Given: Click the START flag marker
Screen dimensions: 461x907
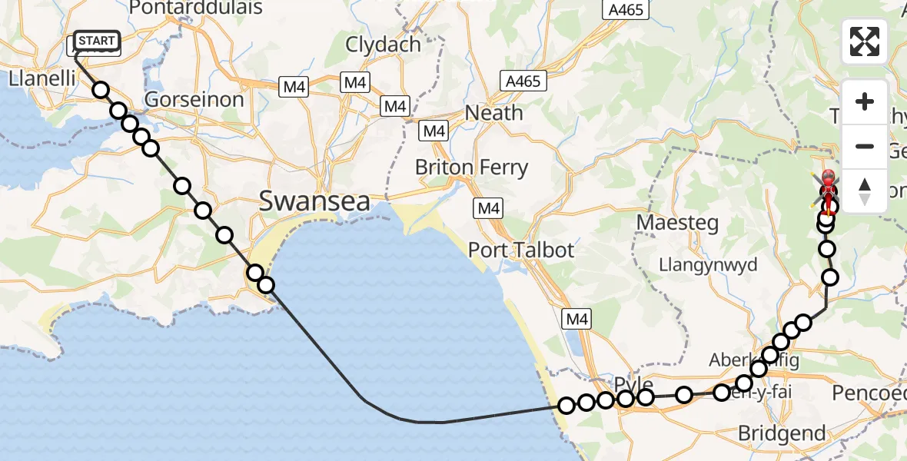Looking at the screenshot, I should coord(97,41).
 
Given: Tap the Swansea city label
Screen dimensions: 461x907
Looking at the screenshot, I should coord(314,201).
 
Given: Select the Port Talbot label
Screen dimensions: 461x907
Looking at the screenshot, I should coord(521,250).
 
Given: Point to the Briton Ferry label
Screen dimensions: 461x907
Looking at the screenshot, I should coord(471,167).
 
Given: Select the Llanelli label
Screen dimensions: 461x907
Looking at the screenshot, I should coord(41,78).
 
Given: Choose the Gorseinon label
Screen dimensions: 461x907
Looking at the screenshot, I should coord(194,99).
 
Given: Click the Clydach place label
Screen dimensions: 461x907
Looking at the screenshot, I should coord(381,45).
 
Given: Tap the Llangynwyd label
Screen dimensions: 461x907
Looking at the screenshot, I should coord(708,265).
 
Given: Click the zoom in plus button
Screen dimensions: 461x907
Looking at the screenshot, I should coord(865,101).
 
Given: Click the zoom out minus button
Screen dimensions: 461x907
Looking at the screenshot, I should coord(865,146).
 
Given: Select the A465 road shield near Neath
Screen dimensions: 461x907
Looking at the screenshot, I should coord(523,80).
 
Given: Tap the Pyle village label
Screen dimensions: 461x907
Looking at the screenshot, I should coord(633,385).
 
